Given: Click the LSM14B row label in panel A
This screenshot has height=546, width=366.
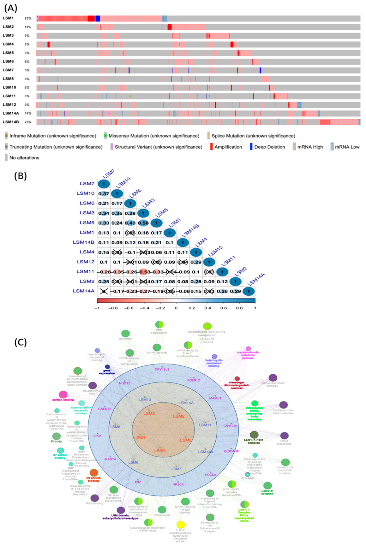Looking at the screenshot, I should point(11,122).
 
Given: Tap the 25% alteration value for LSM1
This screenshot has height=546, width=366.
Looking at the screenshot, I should point(28,18).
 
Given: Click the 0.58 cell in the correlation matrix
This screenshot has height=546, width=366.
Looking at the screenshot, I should point(143,223).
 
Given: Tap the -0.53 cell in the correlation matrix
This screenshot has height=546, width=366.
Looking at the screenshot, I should point(143,272).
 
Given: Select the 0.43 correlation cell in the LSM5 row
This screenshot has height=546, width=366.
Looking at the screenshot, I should point(130,223).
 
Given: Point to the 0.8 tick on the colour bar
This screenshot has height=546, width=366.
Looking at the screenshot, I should point(239,308).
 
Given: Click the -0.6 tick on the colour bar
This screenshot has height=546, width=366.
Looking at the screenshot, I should point(129,308).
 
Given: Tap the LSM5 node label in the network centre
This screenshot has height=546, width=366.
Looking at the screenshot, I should point(149,413).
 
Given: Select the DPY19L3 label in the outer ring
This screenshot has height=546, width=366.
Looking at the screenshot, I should point(162,369).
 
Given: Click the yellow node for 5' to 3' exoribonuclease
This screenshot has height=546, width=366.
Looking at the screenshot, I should point(181,525).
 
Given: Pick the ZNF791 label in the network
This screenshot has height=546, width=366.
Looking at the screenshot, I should point(231,426).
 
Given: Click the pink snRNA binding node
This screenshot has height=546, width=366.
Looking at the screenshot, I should point(63,394).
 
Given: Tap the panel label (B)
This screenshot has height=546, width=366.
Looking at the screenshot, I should point(20,176).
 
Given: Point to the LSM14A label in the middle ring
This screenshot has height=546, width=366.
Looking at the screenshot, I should point(186,403).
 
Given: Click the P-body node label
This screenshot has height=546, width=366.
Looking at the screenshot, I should point(57,441).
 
